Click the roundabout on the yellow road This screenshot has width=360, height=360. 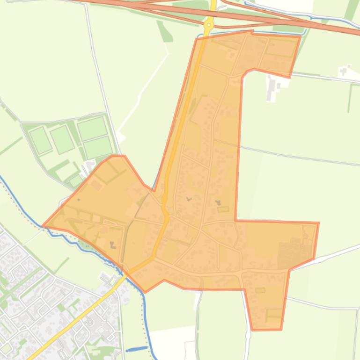pos(209,25)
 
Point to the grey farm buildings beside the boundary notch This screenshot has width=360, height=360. pos(272,87)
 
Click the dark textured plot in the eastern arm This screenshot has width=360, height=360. pos(290,255)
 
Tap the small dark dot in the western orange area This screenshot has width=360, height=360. pos(79,200)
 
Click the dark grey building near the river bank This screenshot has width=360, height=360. pos(113,244)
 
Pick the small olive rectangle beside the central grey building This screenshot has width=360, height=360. pos(223,209)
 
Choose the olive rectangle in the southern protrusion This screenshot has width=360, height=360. pos(273,312)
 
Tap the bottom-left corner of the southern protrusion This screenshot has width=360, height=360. pos(251,329)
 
